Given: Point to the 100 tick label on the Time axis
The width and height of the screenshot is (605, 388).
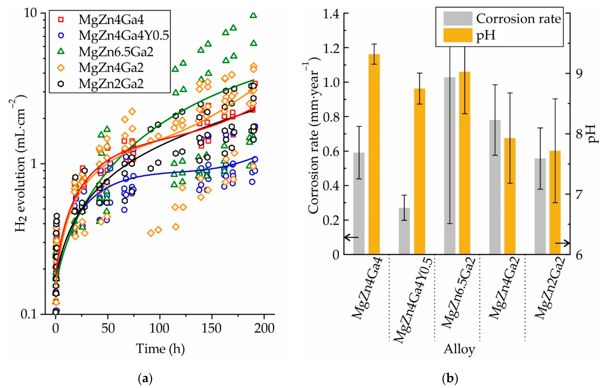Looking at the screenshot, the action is pyautogui.click(x=159, y=328).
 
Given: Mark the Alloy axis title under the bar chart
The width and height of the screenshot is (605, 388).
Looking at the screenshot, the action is pyautogui.click(x=459, y=349).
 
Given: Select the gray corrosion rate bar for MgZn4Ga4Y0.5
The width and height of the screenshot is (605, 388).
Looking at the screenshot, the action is pyautogui.click(x=404, y=231).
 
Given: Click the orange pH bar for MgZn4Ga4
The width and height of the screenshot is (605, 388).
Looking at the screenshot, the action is pyautogui.click(x=374, y=154).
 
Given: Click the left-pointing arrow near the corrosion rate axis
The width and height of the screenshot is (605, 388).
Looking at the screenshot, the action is pyautogui.click(x=351, y=237).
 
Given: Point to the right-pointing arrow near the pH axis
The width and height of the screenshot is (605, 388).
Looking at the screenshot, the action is pyautogui.click(x=562, y=243).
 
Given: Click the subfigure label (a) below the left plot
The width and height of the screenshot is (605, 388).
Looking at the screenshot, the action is pyautogui.click(x=146, y=379).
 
